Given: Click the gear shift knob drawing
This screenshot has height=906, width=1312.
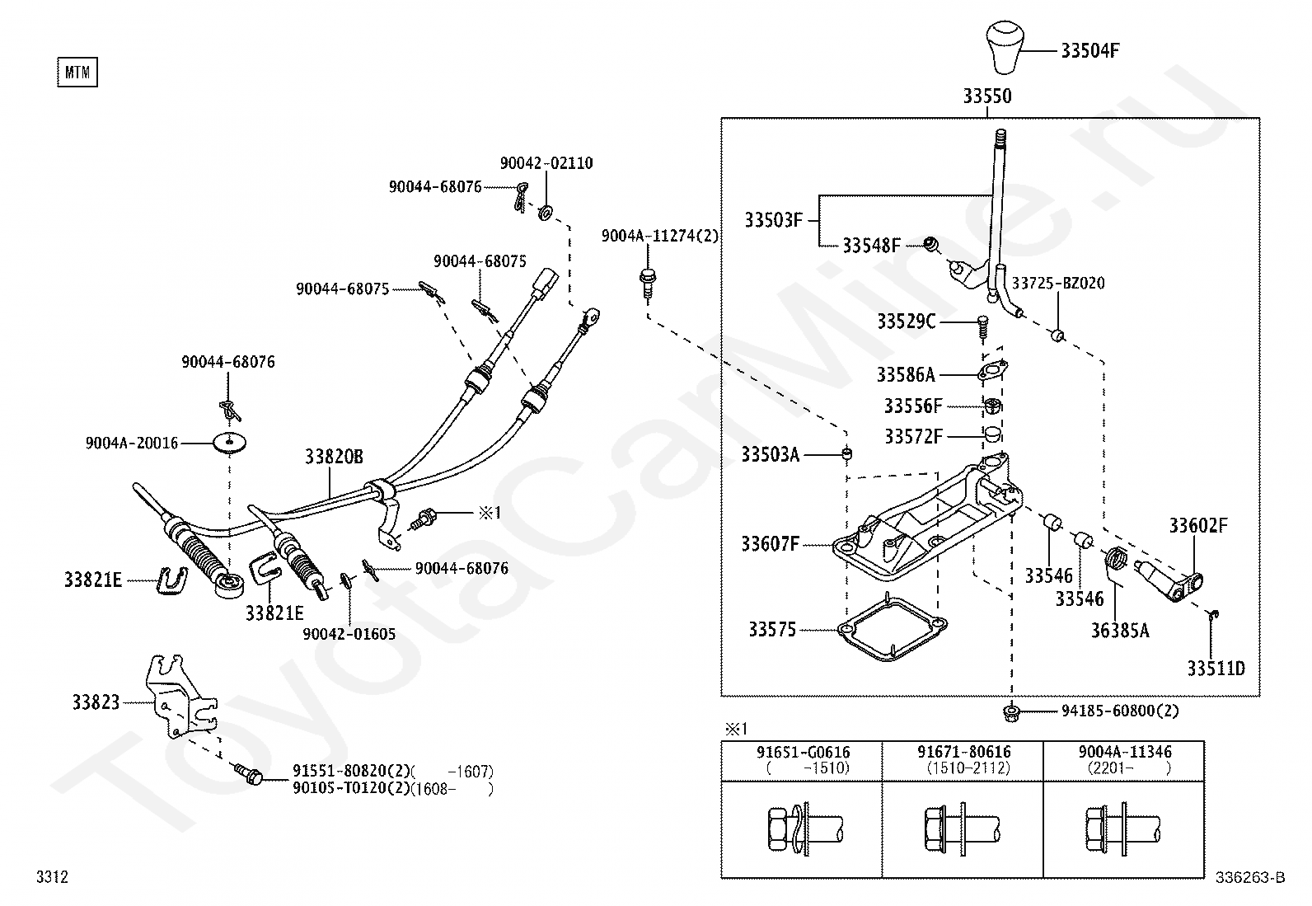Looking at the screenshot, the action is click(x=1005, y=48).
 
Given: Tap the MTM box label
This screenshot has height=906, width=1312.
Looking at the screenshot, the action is click(x=77, y=72).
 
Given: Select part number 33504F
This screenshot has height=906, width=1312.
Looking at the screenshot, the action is click(x=1090, y=51).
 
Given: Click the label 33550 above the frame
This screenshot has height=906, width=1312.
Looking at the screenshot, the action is click(x=987, y=96).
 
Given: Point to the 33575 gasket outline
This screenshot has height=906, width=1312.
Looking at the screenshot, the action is click(x=893, y=628).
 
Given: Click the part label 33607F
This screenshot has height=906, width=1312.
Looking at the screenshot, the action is click(x=771, y=544).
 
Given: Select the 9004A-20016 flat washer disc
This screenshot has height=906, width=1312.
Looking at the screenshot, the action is click(x=229, y=443).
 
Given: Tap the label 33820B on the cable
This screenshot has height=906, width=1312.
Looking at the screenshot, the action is click(x=334, y=457).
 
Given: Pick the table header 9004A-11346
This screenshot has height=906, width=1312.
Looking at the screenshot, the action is click(x=1125, y=751).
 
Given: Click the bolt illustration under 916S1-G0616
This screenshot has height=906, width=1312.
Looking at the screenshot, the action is click(x=805, y=829).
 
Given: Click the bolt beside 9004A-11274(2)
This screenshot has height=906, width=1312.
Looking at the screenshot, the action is click(x=647, y=284).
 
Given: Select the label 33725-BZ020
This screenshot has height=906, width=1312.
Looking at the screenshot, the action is click(x=1058, y=283).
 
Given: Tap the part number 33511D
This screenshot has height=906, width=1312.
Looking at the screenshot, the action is click(x=1216, y=668).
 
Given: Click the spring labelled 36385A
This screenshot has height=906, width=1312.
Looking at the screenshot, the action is click(x=1115, y=558).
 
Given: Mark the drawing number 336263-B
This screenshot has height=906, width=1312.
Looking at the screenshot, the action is click(x=1250, y=877).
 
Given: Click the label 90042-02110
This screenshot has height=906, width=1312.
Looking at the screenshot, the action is click(x=546, y=163).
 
